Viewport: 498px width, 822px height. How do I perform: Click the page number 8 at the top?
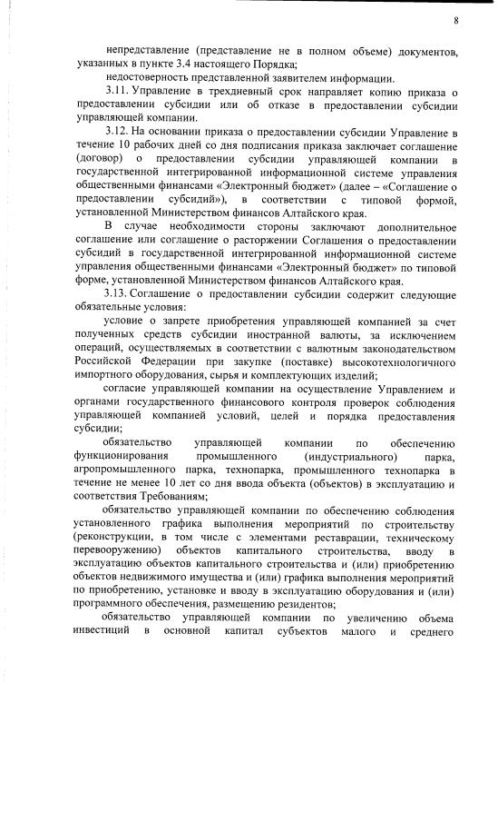[x=455, y=20]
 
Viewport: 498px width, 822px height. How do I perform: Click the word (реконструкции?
[x=118, y=538]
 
